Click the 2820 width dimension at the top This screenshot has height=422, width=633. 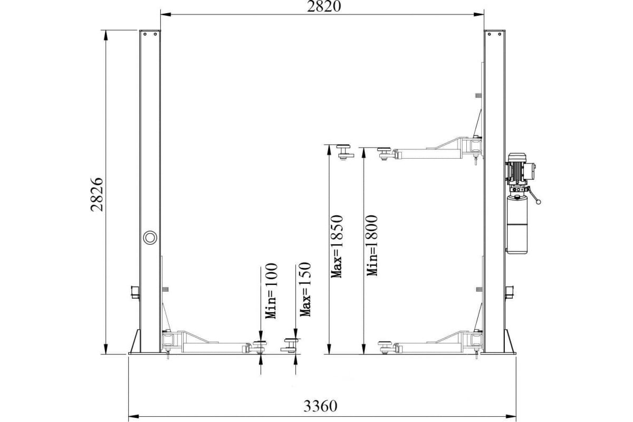[324, 6]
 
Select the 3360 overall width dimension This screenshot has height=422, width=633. [321, 406]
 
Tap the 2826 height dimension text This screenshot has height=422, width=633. [97, 195]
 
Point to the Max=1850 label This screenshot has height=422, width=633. [337, 246]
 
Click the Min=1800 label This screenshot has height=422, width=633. [372, 245]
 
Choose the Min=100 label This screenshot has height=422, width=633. [271, 291]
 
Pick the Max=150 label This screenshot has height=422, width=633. [305, 290]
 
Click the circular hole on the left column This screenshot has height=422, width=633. [150, 237]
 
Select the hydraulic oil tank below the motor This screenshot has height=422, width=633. [517, 225]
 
